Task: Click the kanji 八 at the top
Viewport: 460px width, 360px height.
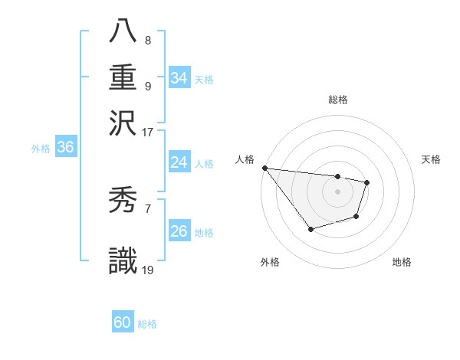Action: [123, 32]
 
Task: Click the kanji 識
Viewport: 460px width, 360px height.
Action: [123, 260]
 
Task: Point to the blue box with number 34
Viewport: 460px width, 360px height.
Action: [179, 78]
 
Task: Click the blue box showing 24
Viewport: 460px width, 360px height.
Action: [179, 162]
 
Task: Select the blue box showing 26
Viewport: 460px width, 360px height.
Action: [179, 231]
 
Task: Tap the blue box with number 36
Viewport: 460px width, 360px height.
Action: [65, 148]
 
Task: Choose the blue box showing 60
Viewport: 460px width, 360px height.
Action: [123, 322]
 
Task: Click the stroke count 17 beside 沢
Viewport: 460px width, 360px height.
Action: [147, 132]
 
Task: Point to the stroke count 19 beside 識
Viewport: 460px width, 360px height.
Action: [147, 269]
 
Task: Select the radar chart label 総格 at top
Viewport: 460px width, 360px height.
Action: [337, 100]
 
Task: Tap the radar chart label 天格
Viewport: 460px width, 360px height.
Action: [431, 159]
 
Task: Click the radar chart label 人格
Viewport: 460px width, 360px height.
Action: [245, 159]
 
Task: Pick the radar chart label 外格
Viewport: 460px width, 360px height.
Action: [270, 262]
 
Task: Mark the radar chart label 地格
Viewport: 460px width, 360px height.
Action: [402, 262]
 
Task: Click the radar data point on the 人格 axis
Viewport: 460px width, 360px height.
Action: [264, 168]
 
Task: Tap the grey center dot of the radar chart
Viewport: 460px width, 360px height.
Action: [337, 191]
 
